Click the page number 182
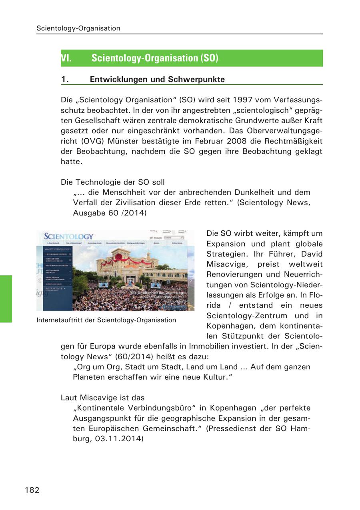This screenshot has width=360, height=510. point(32,490)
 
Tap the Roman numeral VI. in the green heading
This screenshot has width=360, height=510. point(66,58)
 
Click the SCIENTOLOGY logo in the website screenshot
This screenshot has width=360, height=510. point(68,237)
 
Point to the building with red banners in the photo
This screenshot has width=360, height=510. point(128,264)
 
